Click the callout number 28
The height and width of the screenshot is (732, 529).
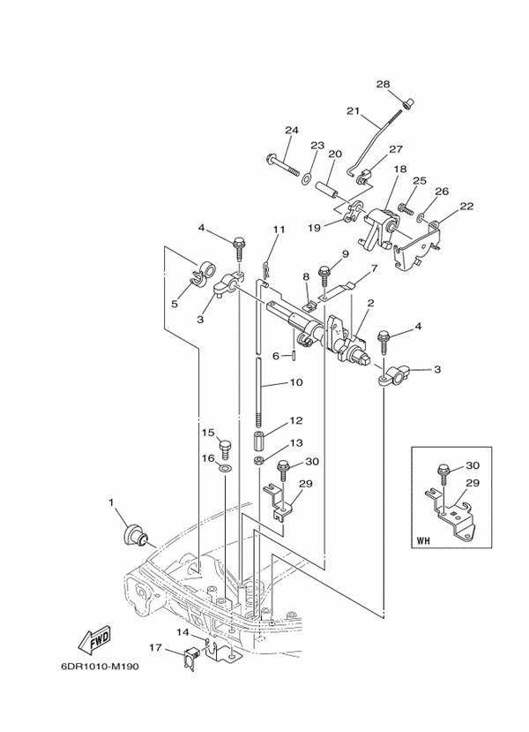[x=383, y=85]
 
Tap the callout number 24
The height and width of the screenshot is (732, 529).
[x=292, y=131]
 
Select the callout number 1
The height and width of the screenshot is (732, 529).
[x=112, y=502]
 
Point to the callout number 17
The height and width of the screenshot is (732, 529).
[x=155, y=649]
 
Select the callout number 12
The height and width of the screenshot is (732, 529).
[x=296, y=421]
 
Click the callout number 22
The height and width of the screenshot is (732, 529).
[x=466, y=207]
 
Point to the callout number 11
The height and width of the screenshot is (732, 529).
[x=279, y=230]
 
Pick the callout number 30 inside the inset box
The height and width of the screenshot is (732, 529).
[x=473, y=464]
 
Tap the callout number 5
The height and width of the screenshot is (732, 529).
[x=174, y=304]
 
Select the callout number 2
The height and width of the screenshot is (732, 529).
[x=371, y=303]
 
